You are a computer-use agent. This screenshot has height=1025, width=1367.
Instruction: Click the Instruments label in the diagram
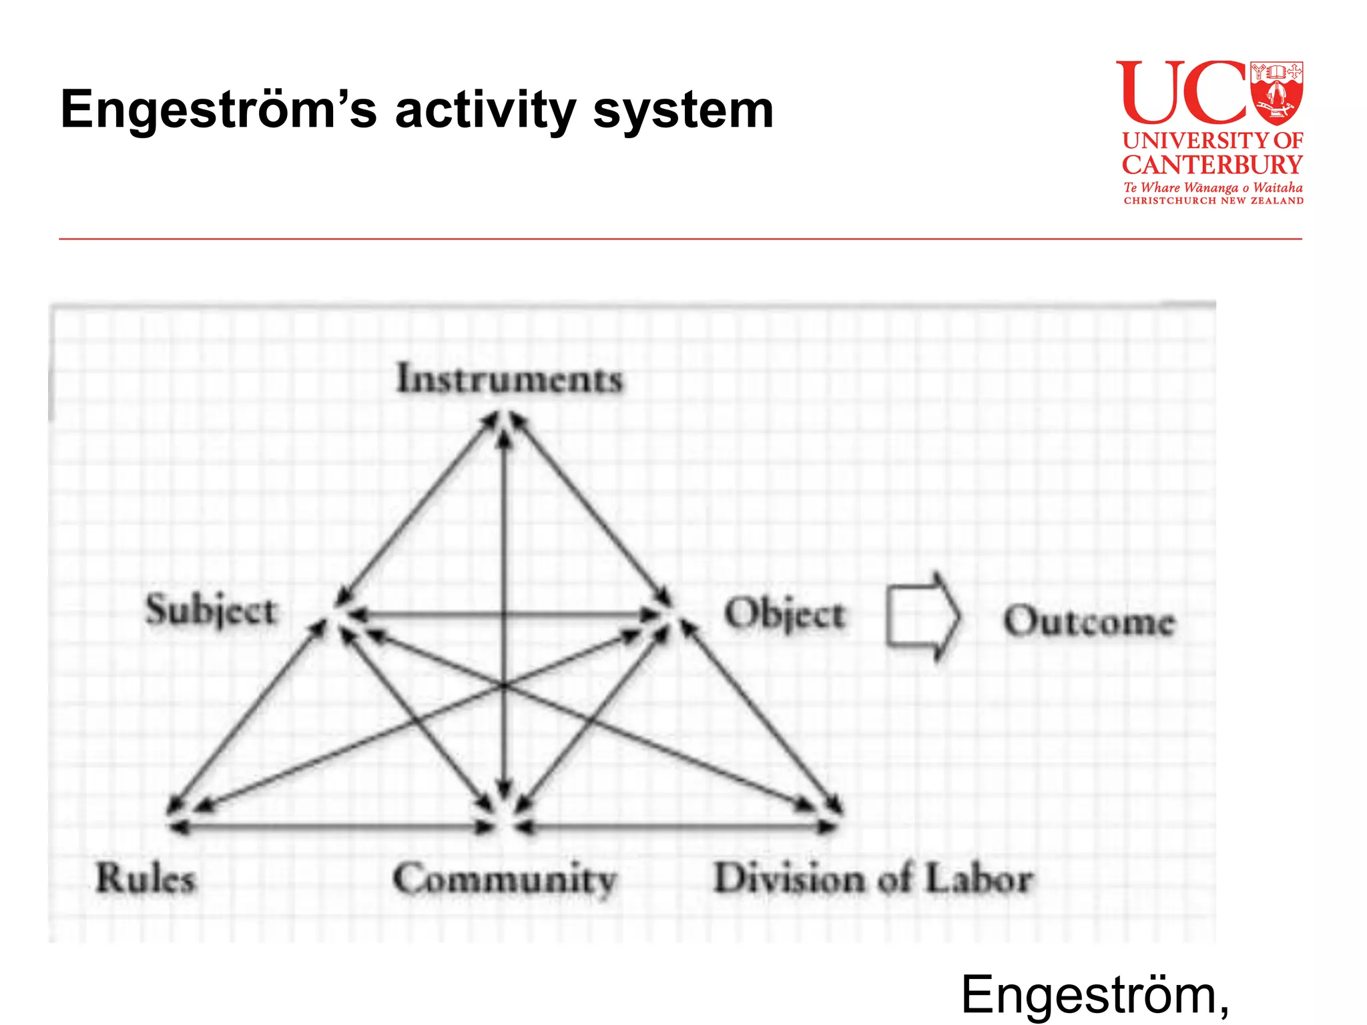click(509, 379)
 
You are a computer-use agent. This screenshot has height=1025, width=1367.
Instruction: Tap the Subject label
click(211, 611)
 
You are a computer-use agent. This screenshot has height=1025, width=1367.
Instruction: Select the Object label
click(785, 615)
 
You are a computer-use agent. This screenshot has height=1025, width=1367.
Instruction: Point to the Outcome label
click(1089, 621)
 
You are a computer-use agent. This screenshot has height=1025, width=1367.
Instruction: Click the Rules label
click(146, 878)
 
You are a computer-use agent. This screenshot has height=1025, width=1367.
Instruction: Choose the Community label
click(505, 880)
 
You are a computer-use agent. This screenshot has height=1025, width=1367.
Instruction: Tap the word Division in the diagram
click(788, 878)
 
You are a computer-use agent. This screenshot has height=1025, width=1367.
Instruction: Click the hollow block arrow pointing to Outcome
click(923, 617)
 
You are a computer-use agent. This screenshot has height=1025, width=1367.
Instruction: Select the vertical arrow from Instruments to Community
click(505, 534)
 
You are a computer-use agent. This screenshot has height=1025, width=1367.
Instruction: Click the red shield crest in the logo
click(1276, 93)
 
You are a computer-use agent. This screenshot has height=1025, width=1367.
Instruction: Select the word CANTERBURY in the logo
click(1212, 165)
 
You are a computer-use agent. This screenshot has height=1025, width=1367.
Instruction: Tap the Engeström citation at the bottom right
click(1095, 995)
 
